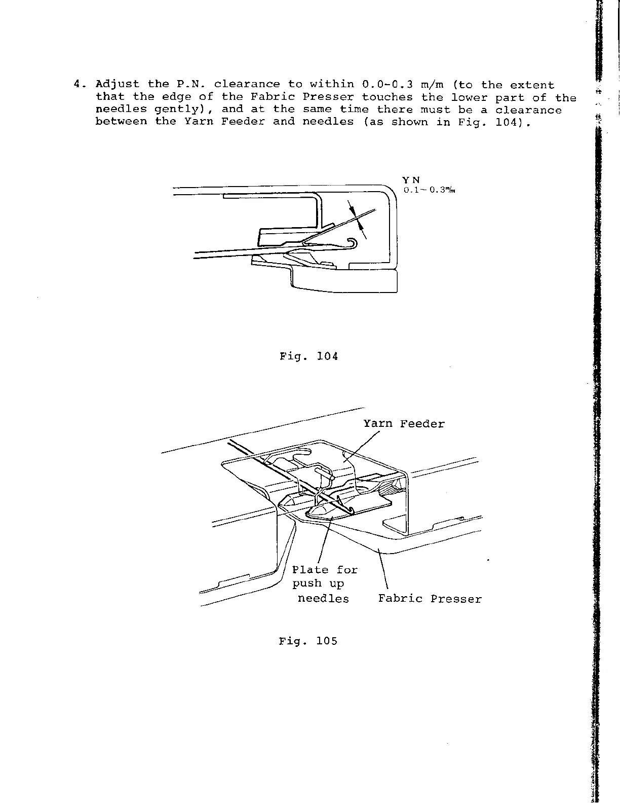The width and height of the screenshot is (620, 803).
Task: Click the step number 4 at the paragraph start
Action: pyautogui.click(x=77, y=85)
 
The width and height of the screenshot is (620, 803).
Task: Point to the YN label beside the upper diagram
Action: pyautogui.click(x=411, y=180)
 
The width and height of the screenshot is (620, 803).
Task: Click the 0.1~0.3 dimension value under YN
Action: pyautogui.click(x=428, y=191)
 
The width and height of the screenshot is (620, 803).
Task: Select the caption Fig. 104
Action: pyautogui.click(x=308, y=356)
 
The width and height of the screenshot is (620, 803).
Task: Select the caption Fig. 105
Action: pyautogui.click(x=308, y=641)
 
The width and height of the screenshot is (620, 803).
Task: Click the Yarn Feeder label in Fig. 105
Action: pyautogui.click(x=404, y=424)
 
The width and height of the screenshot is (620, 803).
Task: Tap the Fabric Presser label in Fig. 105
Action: pyautogui.click(x=430, y=599)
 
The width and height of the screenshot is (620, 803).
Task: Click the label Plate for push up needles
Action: pyautogui.click(x=324, y=584)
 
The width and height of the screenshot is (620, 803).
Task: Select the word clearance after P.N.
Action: pyautogui.click(x=247, y=85)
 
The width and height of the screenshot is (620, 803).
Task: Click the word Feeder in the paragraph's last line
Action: pyautogui.click(x=243, y=122)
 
